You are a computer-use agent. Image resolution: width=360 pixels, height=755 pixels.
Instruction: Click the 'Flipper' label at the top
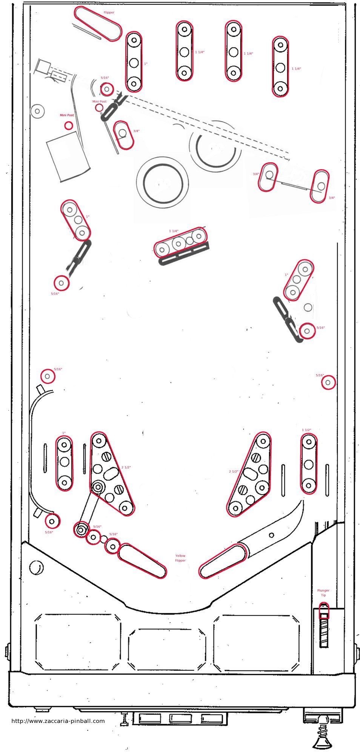tap(109, 12)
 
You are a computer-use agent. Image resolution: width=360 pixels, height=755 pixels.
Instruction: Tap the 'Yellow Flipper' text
tap(180, 558)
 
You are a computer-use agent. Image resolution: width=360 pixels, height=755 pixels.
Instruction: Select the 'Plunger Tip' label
tap(323, 593)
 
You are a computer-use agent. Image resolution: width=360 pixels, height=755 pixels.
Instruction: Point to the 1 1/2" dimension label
tap(306, 430)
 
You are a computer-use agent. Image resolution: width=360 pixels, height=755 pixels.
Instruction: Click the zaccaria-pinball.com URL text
tap(58, 721)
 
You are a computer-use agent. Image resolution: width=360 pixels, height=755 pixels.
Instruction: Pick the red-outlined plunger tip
tap(324, 610)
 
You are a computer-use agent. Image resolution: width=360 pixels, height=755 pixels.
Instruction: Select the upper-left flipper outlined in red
tap(98, 23)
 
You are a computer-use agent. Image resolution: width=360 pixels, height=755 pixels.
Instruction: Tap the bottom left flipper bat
tap(142, 561)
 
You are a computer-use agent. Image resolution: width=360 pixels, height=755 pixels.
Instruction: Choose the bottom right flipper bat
tap(223, 561)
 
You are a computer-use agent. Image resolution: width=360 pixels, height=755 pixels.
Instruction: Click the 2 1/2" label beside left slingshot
tap(126, 467)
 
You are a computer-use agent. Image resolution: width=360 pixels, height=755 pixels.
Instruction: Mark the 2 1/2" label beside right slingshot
tap(234, 471)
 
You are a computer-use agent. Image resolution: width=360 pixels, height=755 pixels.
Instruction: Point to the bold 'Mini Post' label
tap(67, 115)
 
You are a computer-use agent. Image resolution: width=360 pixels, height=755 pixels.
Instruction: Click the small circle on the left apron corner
tap(37, 567)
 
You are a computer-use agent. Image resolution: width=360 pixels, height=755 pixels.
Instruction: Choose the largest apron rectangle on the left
tap(78, 642)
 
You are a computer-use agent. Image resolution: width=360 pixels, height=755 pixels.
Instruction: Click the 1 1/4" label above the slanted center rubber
tap(174, 231)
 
